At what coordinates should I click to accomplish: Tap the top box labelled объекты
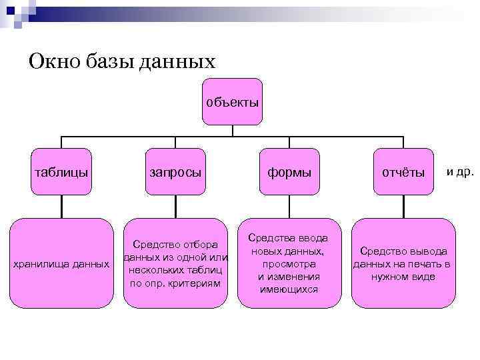pos(232,102)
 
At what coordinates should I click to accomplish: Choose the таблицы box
pos(61,172)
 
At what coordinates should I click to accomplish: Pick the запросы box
pos(175,172)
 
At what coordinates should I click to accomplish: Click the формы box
pos(289,172)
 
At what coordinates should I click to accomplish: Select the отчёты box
pos(403,172)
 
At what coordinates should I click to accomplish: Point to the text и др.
pos(460,172)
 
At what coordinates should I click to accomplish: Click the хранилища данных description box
pos(62,264)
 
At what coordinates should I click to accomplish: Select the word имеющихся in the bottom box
pos(289,289)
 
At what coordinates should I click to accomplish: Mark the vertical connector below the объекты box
pos(232,131)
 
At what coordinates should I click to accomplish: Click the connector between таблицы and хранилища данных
pos(61,207)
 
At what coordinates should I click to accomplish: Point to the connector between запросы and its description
pos(175,207)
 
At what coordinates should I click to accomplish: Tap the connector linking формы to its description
pos(289,207)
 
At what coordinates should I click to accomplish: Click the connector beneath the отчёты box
pos(403,207)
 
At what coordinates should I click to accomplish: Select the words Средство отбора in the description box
pos(175,245)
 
